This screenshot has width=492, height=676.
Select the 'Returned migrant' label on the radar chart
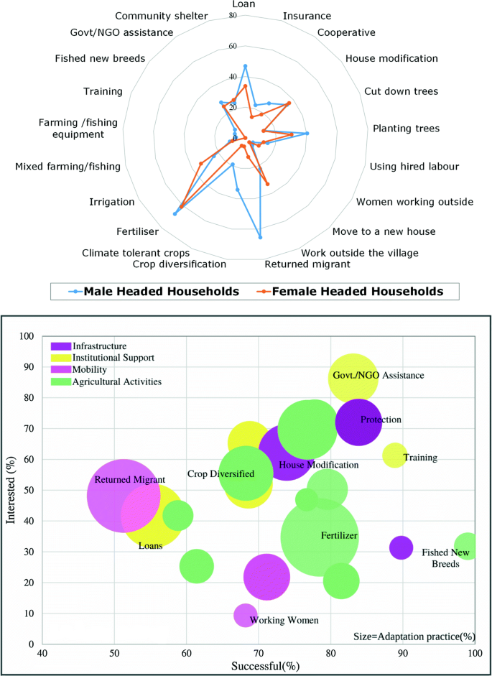tap(307, 264)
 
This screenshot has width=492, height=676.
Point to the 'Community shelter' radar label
tap(162, 16)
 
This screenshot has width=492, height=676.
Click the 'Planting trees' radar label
tap(406, 129)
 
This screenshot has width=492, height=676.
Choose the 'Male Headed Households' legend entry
tap(162, 291)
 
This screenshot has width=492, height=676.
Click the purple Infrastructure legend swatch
tap(60, 346)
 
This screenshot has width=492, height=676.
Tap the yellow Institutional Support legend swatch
tap(60, 358)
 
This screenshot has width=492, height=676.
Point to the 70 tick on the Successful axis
tap(259, 652)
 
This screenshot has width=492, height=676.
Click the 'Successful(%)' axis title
tap(265, 667)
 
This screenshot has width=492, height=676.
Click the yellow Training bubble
tap(394, 455)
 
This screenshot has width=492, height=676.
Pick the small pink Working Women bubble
tap(246, 615)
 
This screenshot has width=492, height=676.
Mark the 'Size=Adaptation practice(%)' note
tap(412, 636)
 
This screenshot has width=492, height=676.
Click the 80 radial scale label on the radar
tap(233, 16)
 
